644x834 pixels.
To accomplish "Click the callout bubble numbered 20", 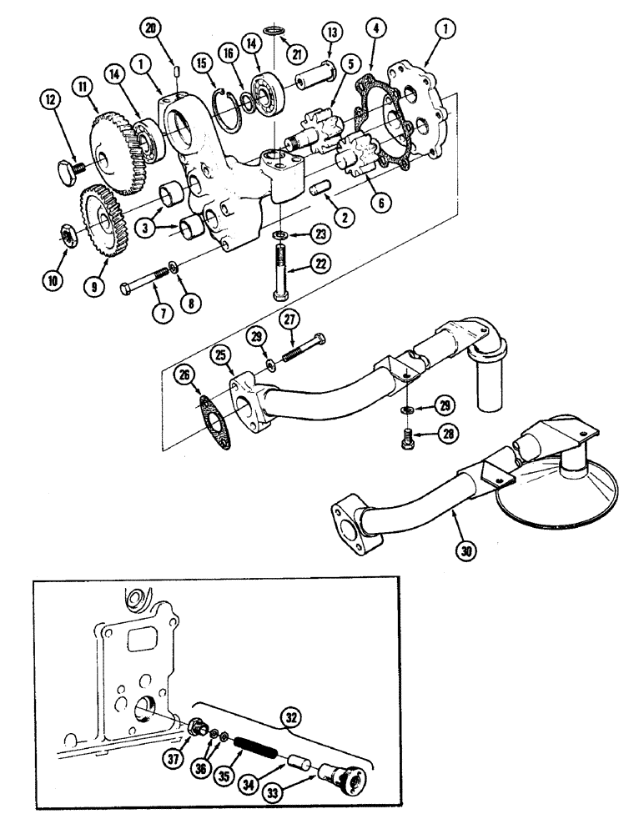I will tap(150, 28).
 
